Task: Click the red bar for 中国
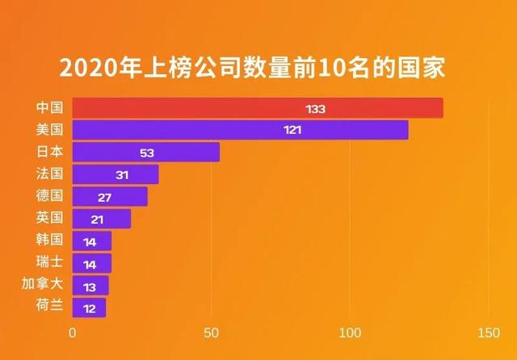pyautogui.click(x=257, y=108)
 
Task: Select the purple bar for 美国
pyautogui.click(x=240, y=130)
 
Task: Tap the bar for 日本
pyautogui.click(x=145, y=152)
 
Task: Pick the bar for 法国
pyautogui.click(x=116, y=174)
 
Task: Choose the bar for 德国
pyautogui.click(x=110, y=196)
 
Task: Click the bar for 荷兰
pyautogui.click(x=89, y=307)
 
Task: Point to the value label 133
pyautogui.click(x=315, y=108)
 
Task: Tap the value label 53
pyautogui.click(x=146, y=152)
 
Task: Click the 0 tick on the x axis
pyautogui.click(x=73, y=333)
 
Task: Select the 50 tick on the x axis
pyautogui.click(x=212, y=333)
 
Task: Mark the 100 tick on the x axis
pyautogui.click(x=350, y=333)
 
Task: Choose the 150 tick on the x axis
pyautogui.click(x=488, y=333)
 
